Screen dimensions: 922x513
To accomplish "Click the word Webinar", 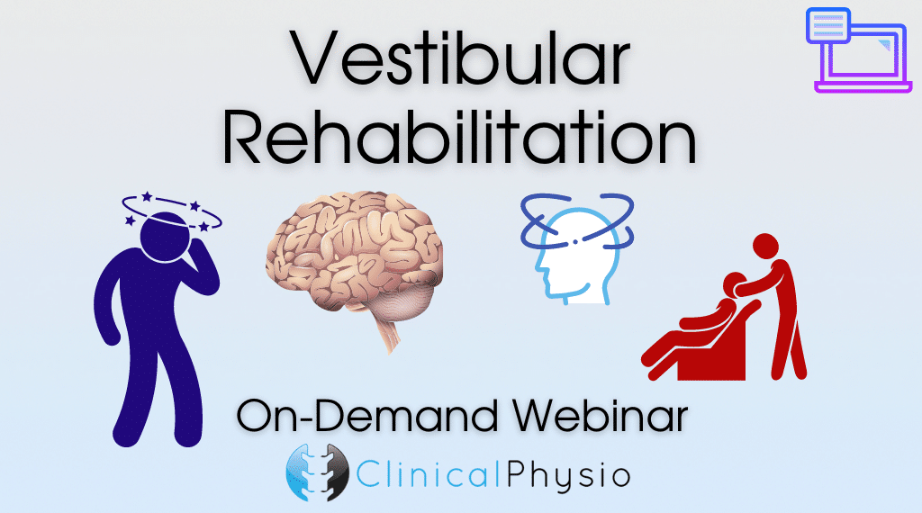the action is pyautogui.click(x=599, y=416).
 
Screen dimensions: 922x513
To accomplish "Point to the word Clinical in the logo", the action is pyautogui.click(x=428, y=475).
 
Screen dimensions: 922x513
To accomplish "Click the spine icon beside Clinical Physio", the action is pyautogui.click(x=318, y=472).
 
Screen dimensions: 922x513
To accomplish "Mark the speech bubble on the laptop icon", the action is pyautogui.click(x=828, y=26).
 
